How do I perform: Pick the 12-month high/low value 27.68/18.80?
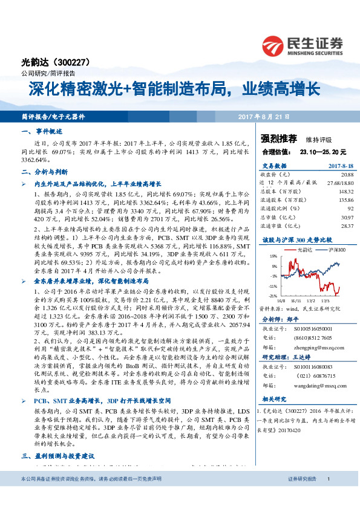tap(338, 182)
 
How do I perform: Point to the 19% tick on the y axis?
tap(264, 257)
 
